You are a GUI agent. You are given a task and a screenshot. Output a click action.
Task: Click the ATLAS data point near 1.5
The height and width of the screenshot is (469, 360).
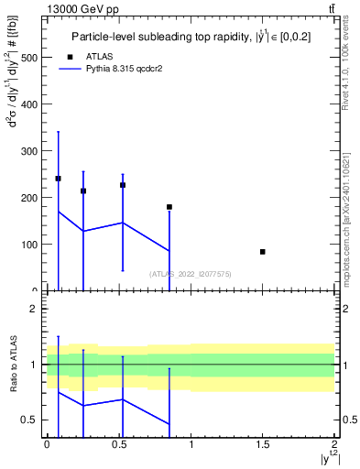263,252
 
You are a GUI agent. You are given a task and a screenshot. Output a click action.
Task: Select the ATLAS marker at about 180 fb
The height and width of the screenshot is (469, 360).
169,207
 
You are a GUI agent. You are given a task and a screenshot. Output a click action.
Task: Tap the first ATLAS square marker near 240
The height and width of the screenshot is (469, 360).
59,179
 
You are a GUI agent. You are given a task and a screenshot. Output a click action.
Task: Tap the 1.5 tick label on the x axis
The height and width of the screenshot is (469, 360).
263,443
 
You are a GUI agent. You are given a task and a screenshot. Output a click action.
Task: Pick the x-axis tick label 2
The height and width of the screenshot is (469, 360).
335,443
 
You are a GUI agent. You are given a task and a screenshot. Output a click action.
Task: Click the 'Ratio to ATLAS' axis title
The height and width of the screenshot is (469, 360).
13,365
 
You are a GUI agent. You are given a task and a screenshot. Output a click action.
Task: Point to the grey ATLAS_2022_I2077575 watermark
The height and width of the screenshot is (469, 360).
191,273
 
